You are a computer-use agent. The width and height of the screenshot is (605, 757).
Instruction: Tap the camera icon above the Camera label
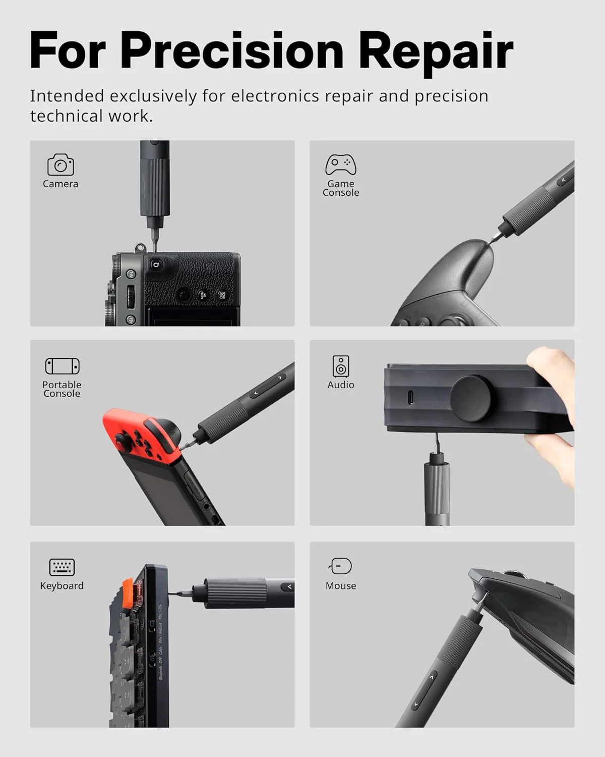60,165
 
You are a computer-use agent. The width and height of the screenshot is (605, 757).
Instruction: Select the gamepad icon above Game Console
341,165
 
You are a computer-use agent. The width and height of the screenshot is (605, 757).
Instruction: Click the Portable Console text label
62,389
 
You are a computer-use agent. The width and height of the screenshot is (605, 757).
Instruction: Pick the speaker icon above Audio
341,366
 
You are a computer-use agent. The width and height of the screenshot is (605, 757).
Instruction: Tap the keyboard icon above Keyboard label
62,567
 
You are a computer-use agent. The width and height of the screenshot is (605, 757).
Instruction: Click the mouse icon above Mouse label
341,566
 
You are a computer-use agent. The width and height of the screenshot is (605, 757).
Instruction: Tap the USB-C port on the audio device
411,398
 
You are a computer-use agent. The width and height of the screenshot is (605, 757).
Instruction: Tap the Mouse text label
341,586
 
